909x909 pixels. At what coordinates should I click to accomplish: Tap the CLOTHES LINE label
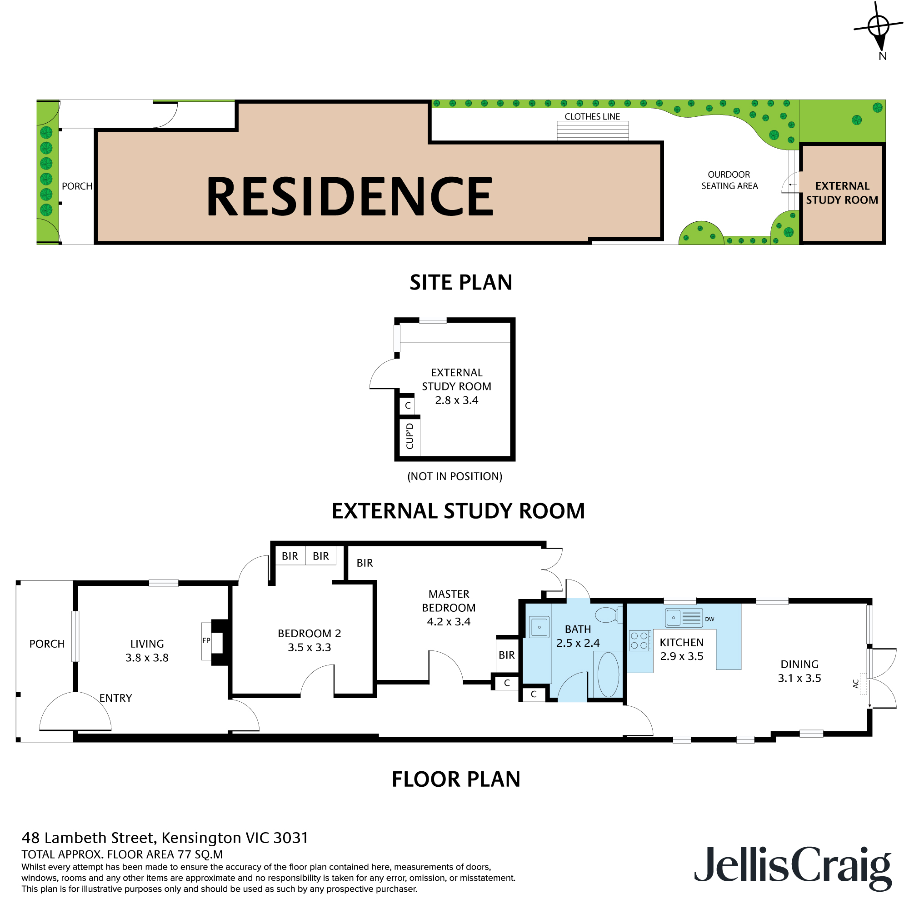(x=592, y=117)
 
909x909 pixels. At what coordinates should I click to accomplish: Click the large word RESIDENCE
(x=350, y=196)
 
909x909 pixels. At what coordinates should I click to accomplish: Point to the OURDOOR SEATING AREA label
(x=729, y=180)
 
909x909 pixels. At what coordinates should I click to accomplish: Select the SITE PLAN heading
(x=460, y=282)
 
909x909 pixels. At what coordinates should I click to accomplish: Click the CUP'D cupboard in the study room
(x=410, y=436)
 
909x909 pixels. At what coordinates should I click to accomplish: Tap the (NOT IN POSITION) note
(x=454, y=476)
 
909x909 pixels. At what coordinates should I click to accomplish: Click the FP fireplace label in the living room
(x=206, y=640)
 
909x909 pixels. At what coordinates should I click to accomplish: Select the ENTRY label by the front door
(x=115, y=698)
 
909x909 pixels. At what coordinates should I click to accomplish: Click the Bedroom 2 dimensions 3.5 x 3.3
(x=309, y=647)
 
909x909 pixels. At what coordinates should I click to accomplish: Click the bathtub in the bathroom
(x=608, y=674)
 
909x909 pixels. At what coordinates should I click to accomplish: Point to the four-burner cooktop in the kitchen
(x=639, y=640)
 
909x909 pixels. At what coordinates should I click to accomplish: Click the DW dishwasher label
(x=709, y=619)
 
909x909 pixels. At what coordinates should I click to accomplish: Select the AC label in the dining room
(x=856, y=683)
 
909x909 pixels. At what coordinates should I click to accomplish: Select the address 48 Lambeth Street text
(x=165, y=838)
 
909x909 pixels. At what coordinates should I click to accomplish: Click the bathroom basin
(x=539, y=627)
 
